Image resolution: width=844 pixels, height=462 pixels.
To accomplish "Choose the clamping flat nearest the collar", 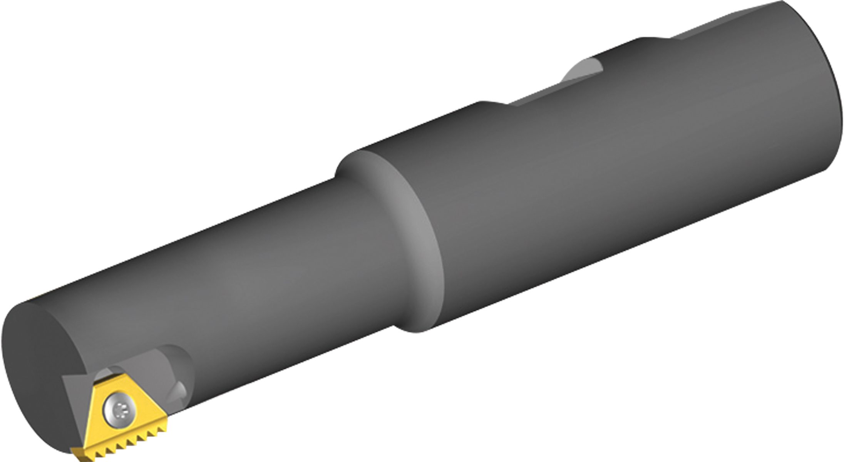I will pyautogui.click(x=539, y=92).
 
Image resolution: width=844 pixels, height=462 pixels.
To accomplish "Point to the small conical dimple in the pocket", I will pyautogui.click(x=179, y=393).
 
